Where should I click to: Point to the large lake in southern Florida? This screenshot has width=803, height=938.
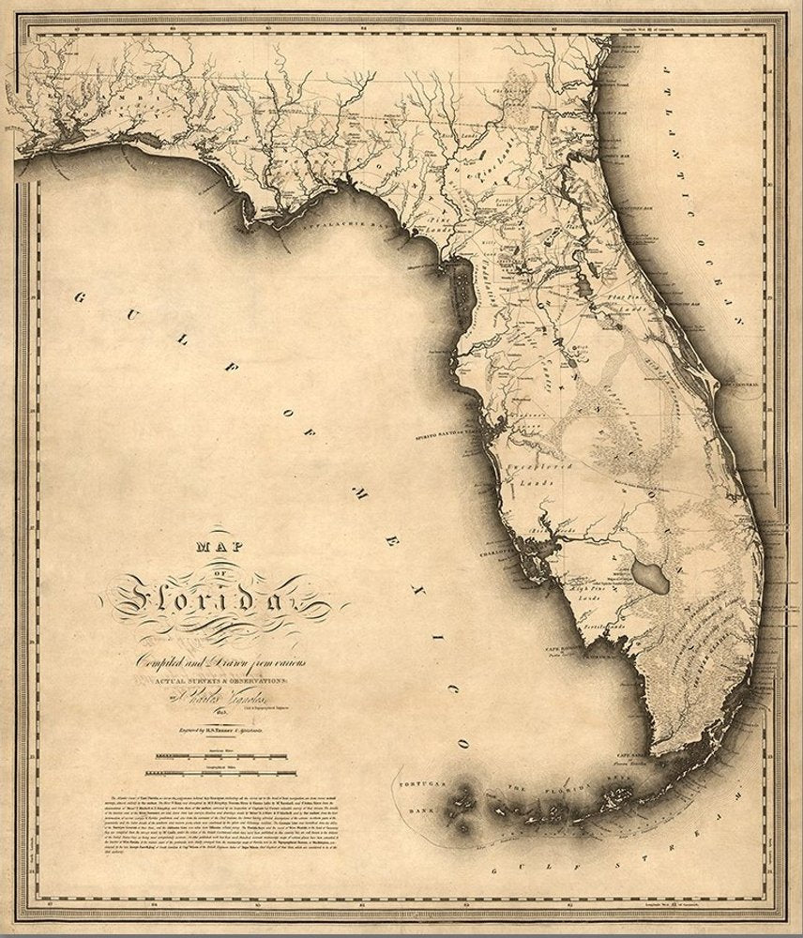point(649,572)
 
